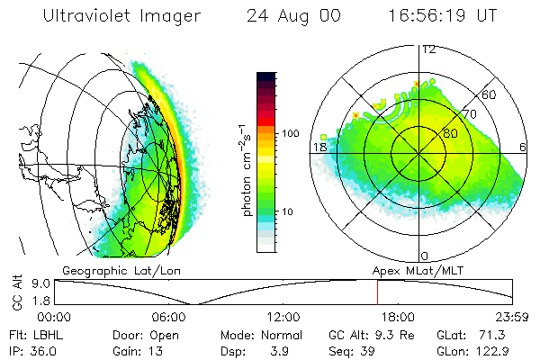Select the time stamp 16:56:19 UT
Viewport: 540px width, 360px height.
440,17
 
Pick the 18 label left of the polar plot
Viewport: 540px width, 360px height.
319,146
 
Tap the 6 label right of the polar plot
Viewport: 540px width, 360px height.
525,147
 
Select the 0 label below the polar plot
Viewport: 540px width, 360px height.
425,256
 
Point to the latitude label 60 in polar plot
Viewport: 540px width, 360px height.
490,94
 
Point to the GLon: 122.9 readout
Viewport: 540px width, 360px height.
476,350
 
